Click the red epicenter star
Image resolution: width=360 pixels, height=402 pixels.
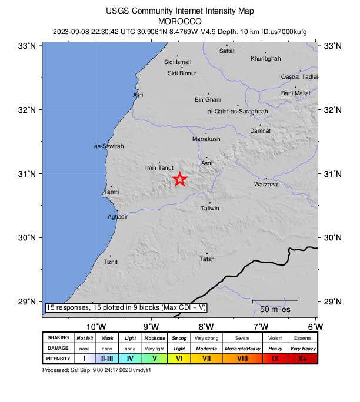pos(180,179)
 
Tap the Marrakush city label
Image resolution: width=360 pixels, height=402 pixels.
pos(206,139)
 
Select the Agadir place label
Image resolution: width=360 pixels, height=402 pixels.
pos(118,217)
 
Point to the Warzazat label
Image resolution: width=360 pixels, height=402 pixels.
pos(266,185)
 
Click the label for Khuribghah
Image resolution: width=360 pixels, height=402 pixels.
pos(266,59)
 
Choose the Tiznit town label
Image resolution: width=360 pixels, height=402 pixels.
pos(111,262)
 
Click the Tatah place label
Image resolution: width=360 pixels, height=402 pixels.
pos(206,259)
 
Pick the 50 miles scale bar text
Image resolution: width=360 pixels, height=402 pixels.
pos(274,309)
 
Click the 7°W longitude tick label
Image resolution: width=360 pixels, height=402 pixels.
pos(261,327)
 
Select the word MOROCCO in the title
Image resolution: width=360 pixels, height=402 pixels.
pos(181,20)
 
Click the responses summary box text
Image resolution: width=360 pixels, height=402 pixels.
pos(126,307)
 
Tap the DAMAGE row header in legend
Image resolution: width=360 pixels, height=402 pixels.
pos(58,348)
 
